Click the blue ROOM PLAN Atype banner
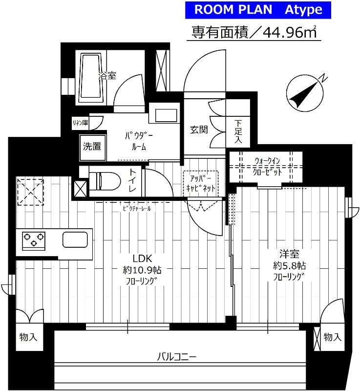(x=258, y=9)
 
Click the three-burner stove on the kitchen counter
(x=34, y=240)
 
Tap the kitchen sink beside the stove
(x=76, y=240)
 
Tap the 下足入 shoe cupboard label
(x=238, y=131)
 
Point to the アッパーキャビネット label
(x=200, y=183)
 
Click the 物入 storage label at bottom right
(x=332, y=337)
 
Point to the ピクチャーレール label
(x=137, y=208)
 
